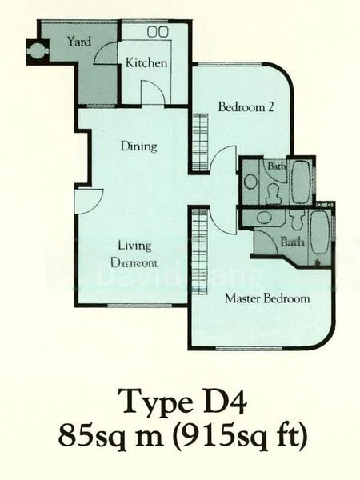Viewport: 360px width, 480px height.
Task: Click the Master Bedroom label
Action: point(266,299)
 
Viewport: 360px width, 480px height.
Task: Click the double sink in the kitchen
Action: point(157,31)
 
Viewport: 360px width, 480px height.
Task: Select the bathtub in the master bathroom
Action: point(320,235)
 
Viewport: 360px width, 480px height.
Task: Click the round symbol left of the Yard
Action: point(36,52)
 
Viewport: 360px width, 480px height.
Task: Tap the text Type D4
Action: point(179,399)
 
